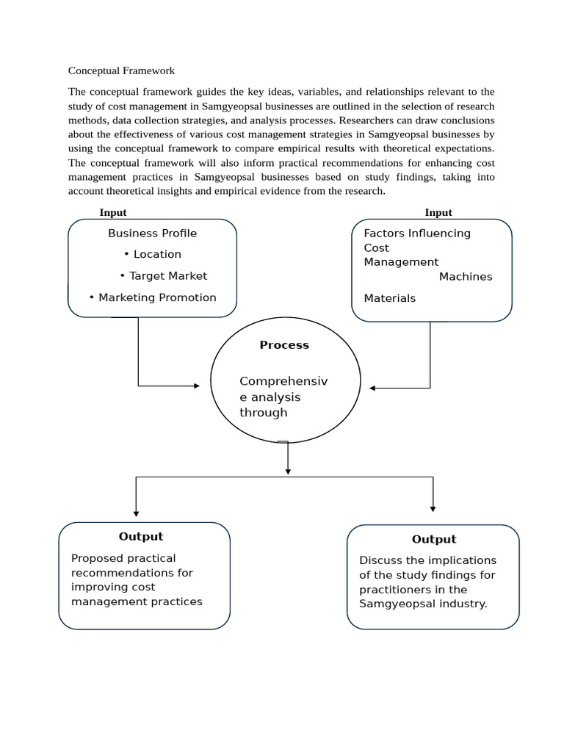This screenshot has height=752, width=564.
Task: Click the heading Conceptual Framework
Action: [121, 70]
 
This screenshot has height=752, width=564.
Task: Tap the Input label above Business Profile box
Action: [113, 212]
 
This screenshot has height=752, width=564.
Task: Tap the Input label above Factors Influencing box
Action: [438, 212]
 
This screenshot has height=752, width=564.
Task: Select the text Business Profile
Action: [152, 233]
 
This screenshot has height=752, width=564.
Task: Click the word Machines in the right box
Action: [466, 276]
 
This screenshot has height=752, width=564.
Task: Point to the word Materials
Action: [389, 298]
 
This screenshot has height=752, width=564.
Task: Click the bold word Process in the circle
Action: [284, 344]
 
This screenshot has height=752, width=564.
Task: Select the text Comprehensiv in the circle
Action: [283, 381]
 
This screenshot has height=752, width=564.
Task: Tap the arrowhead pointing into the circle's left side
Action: [196, 386]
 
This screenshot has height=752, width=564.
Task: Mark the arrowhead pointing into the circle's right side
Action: [373, 388]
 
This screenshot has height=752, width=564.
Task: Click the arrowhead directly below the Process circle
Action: [288, 471]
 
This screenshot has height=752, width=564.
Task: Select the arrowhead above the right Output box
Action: [433, 508]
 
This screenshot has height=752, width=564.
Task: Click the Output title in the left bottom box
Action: [141, 536]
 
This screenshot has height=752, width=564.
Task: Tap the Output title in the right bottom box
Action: [434, 539]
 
